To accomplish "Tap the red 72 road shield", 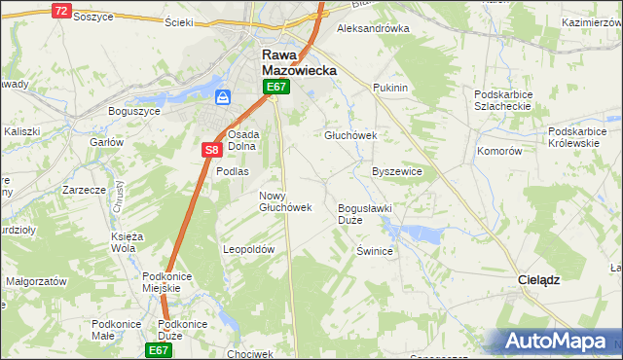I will [x=61, y=11].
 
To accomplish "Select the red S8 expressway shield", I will [x=212, y=150].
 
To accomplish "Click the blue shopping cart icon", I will [x=223, y=97].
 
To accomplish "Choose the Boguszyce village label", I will [x=133, y=110].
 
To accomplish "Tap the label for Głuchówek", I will [x=350, y=135].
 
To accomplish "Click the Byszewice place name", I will [x=397, y=171].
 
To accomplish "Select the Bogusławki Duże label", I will [x=363, y=214].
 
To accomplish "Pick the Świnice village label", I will [x=374, y=250].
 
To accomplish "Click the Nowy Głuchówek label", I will [x=284, y=201].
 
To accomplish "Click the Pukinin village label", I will [x=389, y=88].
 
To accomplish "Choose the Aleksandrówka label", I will [x=373, y=28].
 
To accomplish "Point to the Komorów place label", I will [x=500, y=151].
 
